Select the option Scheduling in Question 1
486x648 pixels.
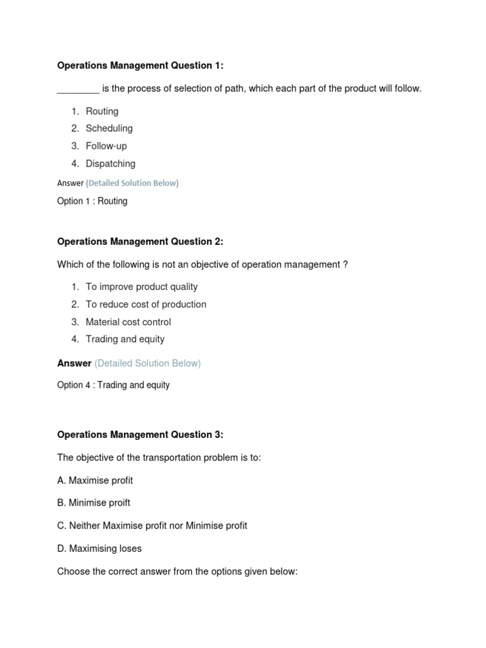[x=109, y=128]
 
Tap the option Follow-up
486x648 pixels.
[x=106, y=146]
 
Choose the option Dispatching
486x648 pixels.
[x=110, y=164]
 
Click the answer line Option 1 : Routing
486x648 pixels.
[x=92, y=201]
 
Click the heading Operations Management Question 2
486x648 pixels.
[x=140, y=242]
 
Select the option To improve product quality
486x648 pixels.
[x=142, y=287]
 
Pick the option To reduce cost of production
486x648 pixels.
[x=146, y=304]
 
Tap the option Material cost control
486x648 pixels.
[x=128, y=322]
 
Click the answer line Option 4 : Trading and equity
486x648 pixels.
[x=113, y=385]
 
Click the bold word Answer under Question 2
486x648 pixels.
[x=74, y=363]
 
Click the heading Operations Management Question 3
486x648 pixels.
[x=140, y=435]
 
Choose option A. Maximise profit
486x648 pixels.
[x=95, y=480]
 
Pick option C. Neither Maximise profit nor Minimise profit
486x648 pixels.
[x=152, y=526]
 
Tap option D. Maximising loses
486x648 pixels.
[x=99, y=549]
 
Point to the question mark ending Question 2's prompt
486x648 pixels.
[x=346, y=265]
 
